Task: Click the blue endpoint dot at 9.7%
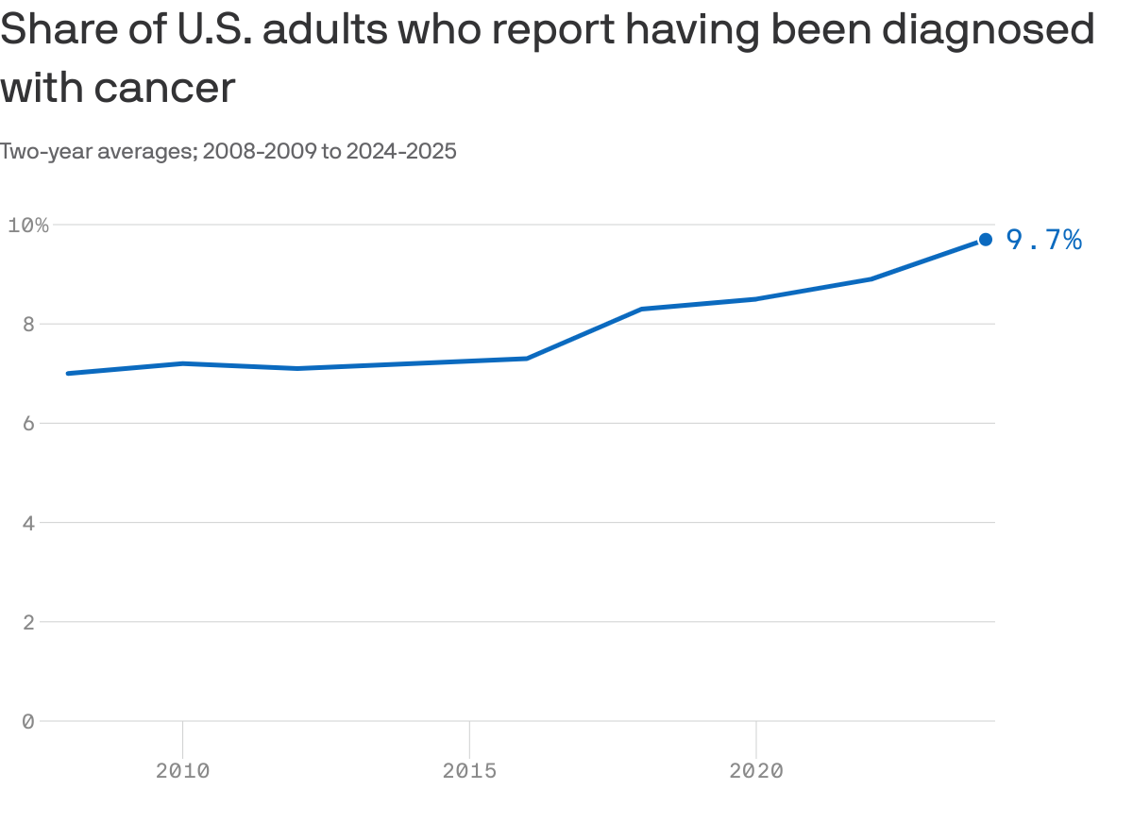tap(985, 240)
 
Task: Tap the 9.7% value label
tap(1043, 241)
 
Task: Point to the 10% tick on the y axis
tap(27, 225)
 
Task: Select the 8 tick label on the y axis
tap(27, 324)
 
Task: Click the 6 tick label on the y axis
tap(27, 424)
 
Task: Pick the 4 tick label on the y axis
tap(27, 523)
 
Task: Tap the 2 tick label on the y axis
tap(27, 622)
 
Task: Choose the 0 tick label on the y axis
tap(27, 721)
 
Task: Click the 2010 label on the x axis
tap(182, 771)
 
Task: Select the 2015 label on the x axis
tap(469, 771)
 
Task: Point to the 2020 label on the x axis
tap(756, 771)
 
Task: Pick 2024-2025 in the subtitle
tap(401, 151)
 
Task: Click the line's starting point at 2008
tap(68, 374)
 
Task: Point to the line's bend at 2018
tap(641, 309)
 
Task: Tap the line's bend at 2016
tap(526, 359)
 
